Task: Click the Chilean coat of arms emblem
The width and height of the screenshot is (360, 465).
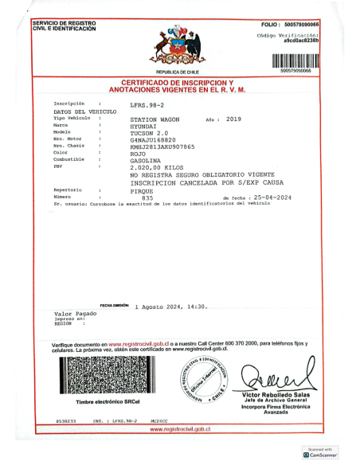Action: tap(178, 48)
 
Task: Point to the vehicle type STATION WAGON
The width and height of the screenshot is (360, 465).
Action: tap(155, 119)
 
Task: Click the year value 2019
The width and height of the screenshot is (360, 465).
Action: tap(233, 119)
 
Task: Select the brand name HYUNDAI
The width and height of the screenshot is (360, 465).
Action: tap(143, 126)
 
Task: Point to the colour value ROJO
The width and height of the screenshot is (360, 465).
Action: tap(138, 153)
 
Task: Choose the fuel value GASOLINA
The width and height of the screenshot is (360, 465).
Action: tap(146, 160)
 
